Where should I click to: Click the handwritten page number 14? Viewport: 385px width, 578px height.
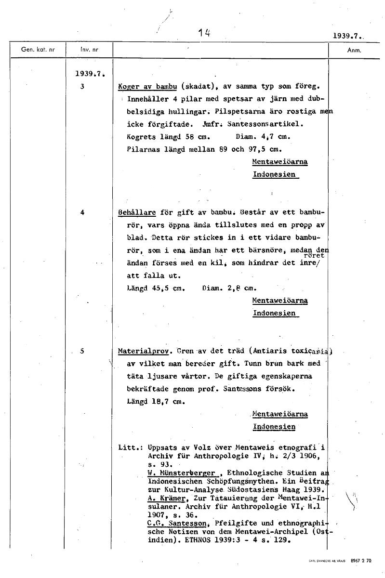[204, 33]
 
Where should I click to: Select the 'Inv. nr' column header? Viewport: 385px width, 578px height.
[87, 50]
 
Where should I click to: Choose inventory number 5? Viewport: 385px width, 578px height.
[82, 351]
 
